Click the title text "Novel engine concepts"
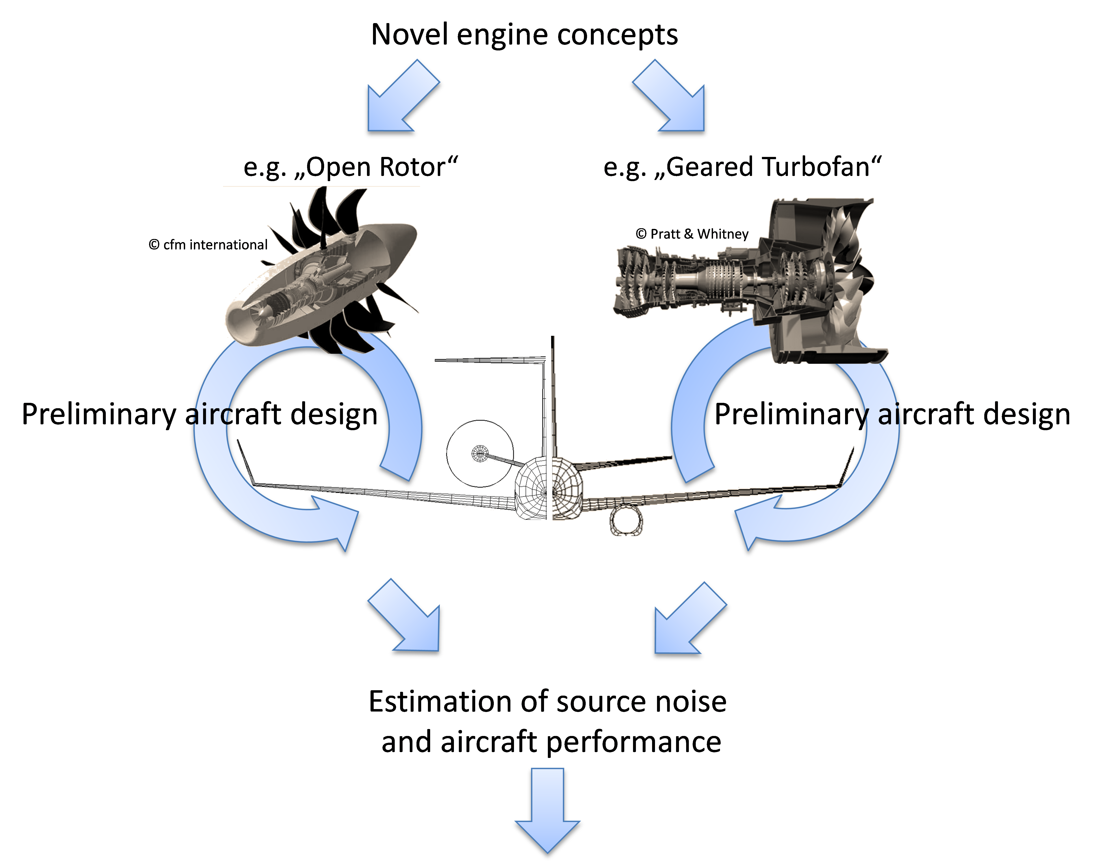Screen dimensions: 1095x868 coord(524,35)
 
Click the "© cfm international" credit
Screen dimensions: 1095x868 coord(208,245)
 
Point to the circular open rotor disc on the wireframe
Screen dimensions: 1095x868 coord(480,454)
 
